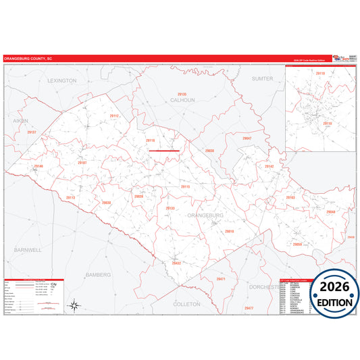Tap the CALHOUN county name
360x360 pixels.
(182, 100)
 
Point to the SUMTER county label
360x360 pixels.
(262, 78)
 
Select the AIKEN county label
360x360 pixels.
(20, 120)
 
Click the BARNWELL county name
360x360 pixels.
(27, 249)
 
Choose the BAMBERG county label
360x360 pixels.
(98, 275)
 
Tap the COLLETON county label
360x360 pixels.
(187, 304)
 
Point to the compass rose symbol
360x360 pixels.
(75, 305)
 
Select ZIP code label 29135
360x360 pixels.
(182, 94)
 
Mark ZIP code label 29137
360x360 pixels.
(32, 132)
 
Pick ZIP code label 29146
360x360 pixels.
(38, 166)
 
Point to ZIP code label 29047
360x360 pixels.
(247, 138)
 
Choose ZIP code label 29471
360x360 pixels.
(221, 278)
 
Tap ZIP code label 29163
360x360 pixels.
(290, 197)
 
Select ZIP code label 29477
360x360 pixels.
(249, 308)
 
